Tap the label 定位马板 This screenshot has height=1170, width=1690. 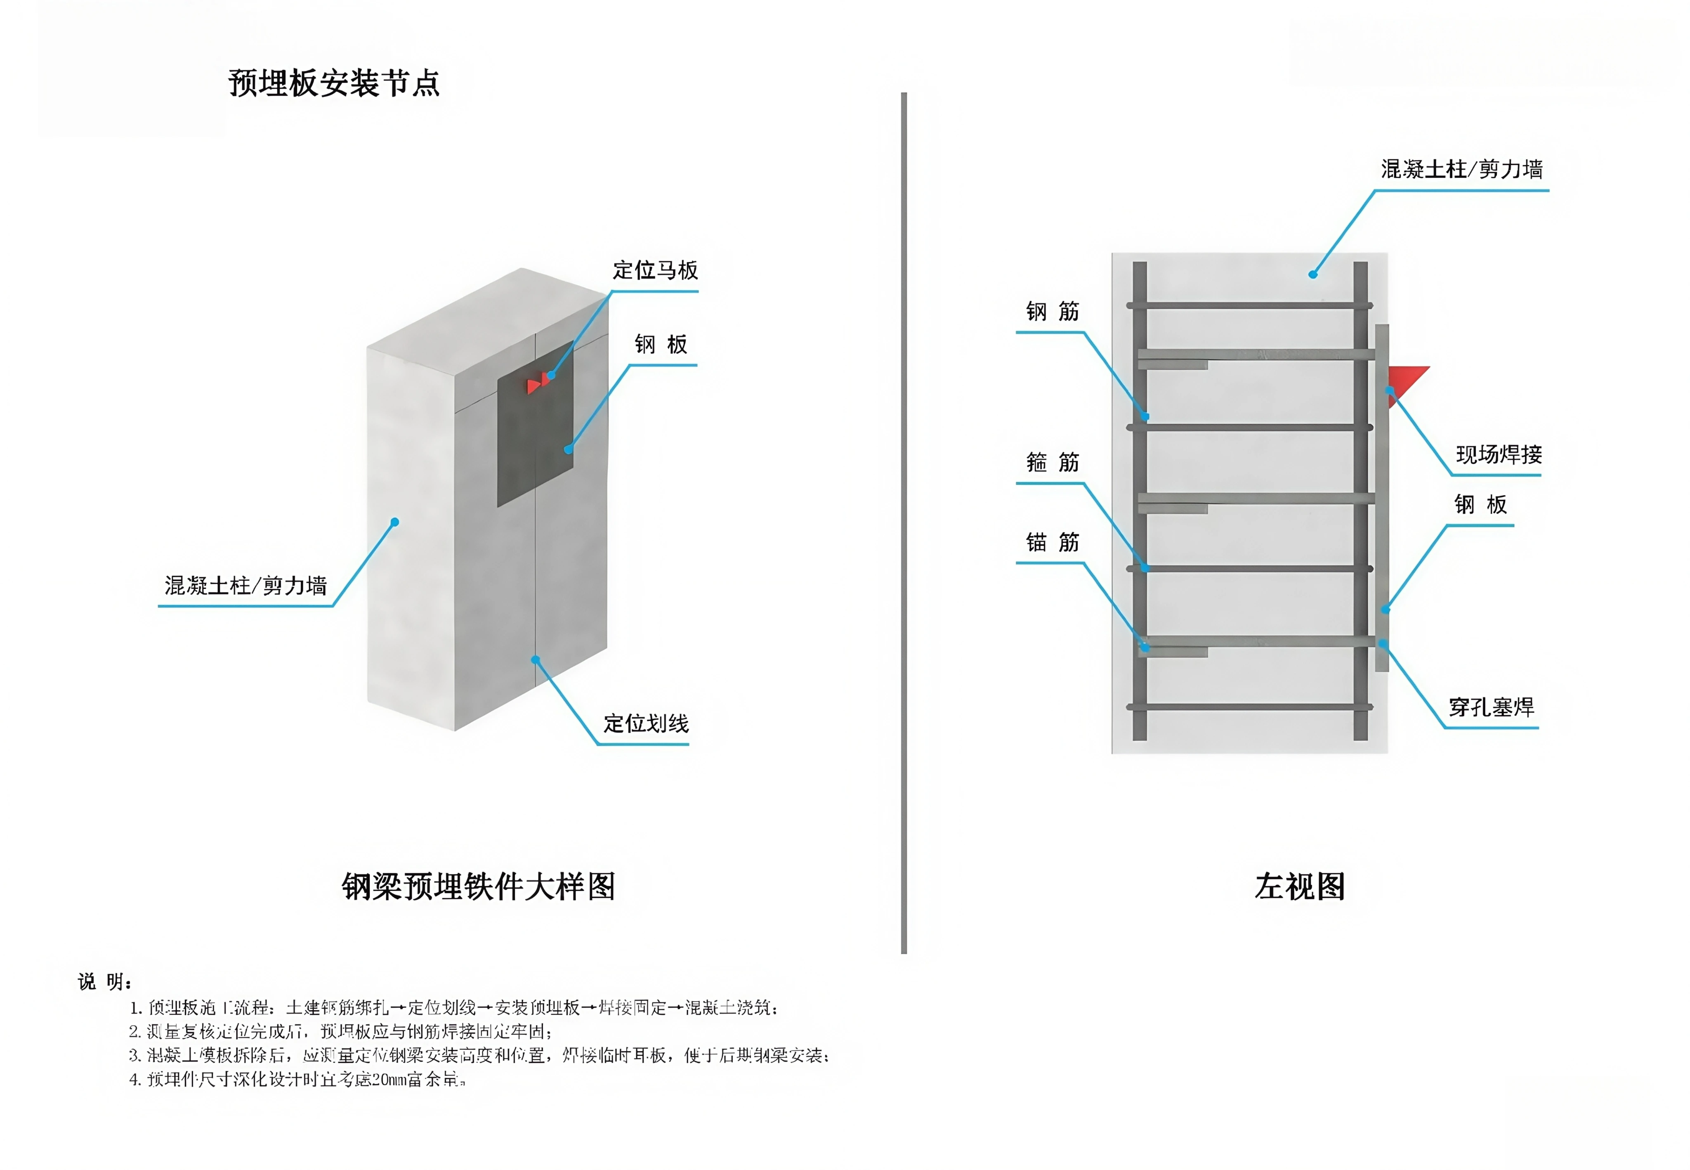[654, 270]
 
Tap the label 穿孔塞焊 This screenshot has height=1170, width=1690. [1491, 707]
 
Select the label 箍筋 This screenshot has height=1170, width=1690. [1053, 463]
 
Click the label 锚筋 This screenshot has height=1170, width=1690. [1053, 542]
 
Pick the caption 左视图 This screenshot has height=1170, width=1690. [1299, 886]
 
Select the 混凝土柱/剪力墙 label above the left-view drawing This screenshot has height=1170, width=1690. [1461, 169]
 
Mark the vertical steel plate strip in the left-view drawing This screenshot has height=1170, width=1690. [1381, 499]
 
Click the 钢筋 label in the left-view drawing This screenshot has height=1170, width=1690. [1053, 312]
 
